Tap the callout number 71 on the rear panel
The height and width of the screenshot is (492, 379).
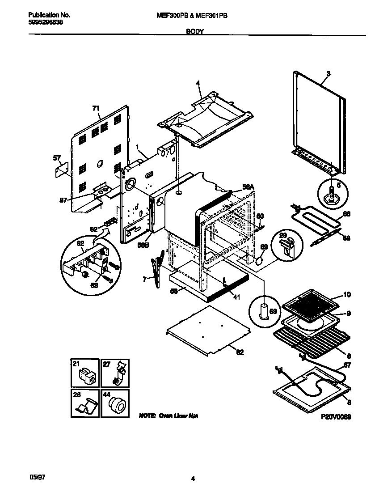pyautogui.click(x=96, y=108)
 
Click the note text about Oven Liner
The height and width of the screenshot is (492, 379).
pyautogui.click(x=168, y=416)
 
